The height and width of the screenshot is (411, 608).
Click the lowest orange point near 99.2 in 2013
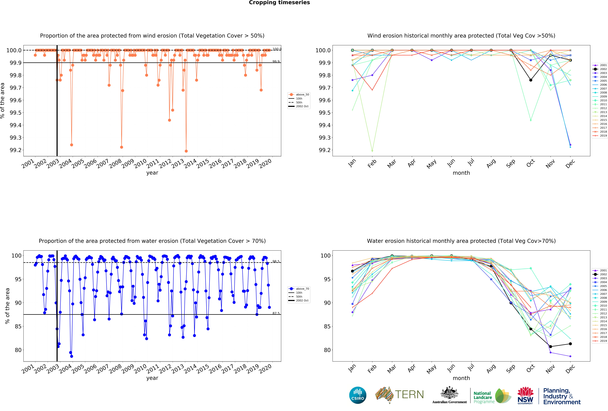(x=186, y=151)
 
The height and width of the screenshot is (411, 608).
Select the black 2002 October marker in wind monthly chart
(x=531, y=80)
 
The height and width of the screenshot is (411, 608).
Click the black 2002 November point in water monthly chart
(x=550, y=347)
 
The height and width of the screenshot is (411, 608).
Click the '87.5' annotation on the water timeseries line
(x=276, y=313)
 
